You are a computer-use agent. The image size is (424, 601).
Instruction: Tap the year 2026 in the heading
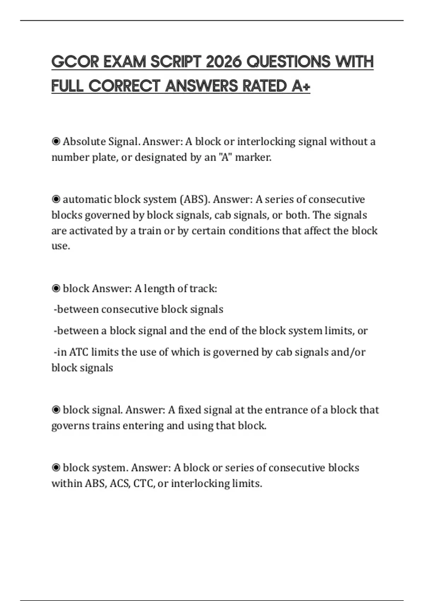223,62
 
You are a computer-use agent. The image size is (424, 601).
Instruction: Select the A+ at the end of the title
301,86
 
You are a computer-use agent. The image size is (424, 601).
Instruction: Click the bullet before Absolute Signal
56,141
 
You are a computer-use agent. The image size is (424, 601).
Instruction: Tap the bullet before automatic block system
56,199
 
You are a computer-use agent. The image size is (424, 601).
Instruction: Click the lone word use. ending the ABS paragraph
61,246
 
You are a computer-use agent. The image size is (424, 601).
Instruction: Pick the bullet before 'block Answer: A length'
56,288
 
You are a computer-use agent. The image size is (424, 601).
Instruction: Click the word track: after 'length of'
203,288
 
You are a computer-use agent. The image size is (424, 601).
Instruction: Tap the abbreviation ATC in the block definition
79,352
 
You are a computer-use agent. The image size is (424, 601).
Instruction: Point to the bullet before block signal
56,410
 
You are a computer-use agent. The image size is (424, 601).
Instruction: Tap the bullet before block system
56,468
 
